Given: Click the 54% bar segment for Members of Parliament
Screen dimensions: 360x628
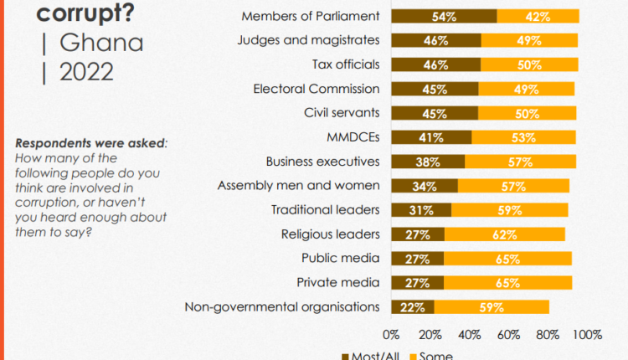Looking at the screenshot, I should [x=444, y=16].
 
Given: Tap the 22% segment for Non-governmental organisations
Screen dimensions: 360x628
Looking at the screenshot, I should [x=412, y=307].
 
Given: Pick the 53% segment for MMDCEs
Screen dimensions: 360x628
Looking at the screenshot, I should [x=523, y=137].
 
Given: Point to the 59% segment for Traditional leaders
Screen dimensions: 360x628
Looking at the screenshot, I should [x=509, y=210].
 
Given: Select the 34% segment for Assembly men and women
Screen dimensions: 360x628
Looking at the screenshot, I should [x=424, y=186].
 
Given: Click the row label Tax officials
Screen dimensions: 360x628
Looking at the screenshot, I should [x=345, y=64].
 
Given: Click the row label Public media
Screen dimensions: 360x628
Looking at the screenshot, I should [x=340, y=259].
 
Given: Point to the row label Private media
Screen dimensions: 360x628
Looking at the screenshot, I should [x=338, y=283].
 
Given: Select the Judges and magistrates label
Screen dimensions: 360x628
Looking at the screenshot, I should [x=308, y=40].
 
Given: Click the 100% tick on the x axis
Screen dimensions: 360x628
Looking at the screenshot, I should [x=587, y=335].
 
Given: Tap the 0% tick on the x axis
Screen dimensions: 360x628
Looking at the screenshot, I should [x=391, y=335].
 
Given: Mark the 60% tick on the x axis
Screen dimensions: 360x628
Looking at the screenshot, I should [x=508, y=335].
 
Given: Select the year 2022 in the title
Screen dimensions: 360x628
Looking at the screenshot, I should [x=87, y=73].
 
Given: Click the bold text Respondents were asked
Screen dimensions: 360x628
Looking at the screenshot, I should [x=90, y=142].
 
